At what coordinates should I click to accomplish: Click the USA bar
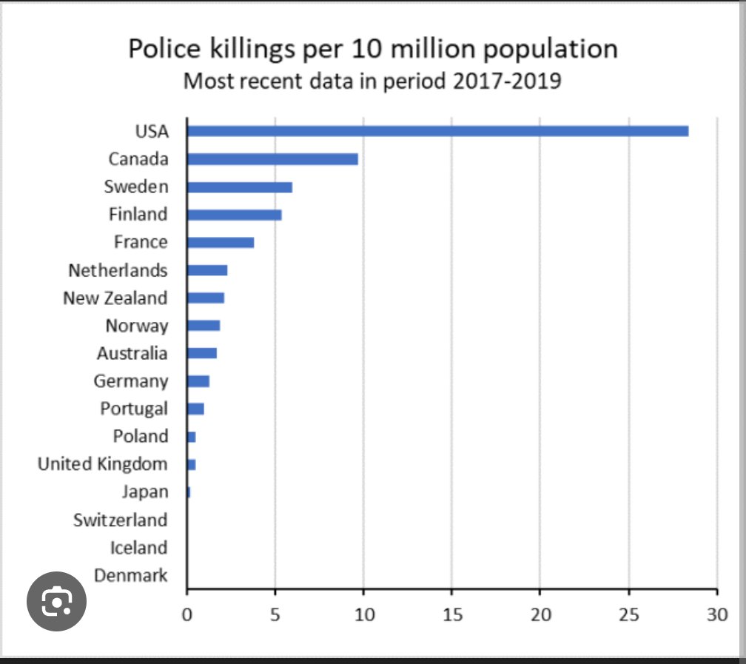[437, 131]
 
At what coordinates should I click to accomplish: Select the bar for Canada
[272, 159]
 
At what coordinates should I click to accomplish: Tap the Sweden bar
[240, 187]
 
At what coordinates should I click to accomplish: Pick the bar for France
[221, 242]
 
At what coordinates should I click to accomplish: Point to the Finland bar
[235, 215]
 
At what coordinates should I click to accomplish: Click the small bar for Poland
[192, 437]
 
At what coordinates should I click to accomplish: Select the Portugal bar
[195, 409]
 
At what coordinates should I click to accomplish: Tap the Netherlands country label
[118, 270]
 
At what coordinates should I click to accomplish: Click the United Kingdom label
[103, 464]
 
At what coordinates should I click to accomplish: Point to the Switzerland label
[121, 520]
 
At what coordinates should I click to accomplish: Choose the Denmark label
[131, 575]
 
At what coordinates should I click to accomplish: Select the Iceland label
[139, 548]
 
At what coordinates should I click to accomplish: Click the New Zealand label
[115, 298]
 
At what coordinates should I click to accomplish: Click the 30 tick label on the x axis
[717, 614]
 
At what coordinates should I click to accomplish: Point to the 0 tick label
[187, 614]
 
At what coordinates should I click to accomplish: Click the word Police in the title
[164, 49]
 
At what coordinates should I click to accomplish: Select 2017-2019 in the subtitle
[507, 81]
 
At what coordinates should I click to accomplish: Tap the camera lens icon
[56, 601]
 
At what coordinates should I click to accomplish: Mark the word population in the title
[551, 50]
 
